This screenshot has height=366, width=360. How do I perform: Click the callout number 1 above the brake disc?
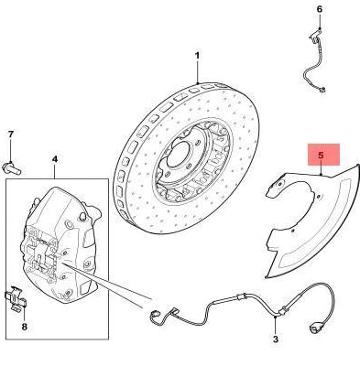[x=197, y=56]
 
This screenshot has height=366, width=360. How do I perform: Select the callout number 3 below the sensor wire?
[x=276, y=339]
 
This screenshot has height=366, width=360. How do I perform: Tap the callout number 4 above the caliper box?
[x=55, y=159]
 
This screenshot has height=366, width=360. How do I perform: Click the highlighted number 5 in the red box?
[x=321, y=155]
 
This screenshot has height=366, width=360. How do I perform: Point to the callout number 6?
[x=320, y=9]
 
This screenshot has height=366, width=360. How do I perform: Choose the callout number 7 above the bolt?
[x=11, y=135]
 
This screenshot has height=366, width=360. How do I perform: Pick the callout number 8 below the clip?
[x=25, y=327]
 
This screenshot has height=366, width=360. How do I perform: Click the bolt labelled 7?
[x=12, y=168]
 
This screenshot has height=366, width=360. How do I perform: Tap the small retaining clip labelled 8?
[x=16, y=298]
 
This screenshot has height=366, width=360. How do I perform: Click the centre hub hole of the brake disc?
[x=178, y=154]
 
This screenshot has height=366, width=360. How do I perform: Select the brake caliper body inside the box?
[x=60, y=244]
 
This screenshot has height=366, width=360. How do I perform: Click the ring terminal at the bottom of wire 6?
[x=322, y=90]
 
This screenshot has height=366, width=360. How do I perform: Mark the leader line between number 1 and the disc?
[x=198, y=72]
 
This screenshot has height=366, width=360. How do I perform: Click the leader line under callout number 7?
[x=11, y=150]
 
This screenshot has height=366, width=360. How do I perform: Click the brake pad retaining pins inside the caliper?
[x=39, y=253]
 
